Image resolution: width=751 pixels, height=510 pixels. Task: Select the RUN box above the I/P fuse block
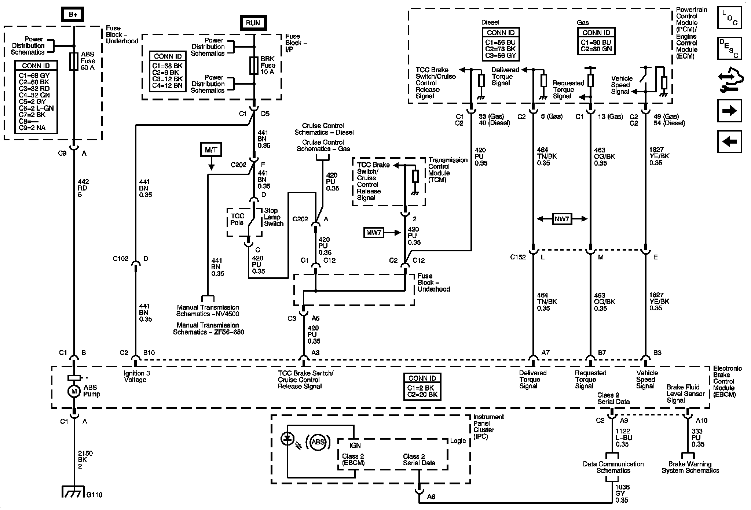pos(253,23)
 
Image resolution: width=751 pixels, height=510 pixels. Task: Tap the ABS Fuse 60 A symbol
pos(74,61)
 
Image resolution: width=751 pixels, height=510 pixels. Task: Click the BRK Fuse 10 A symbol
pos(254,66)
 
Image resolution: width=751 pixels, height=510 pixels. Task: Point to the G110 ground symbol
pos(74,491)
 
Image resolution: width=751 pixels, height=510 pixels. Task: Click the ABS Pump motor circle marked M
pos(74,391)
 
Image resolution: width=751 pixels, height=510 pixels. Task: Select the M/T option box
pos(211,149)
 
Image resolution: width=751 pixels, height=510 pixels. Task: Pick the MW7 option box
pos(374,232)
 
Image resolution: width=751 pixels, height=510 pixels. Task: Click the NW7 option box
pos(562,219)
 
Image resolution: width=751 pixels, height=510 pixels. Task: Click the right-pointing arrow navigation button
pos(729,111)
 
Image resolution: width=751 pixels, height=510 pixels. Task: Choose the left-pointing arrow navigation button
pos(729,141)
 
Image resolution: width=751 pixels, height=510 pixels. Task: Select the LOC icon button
pos(729,18)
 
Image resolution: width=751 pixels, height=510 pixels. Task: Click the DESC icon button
pos(729,48)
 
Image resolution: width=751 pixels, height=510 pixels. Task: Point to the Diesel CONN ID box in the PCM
pos(501,44)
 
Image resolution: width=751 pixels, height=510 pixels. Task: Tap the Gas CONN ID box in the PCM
pos(596,41)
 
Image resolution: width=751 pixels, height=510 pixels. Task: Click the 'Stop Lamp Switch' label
pos(274,217)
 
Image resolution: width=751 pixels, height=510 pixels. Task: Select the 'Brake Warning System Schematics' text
pos(690,467)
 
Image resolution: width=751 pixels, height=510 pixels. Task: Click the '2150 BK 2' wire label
pos(85,460)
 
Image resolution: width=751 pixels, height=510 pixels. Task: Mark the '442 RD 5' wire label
pos(83,188)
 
